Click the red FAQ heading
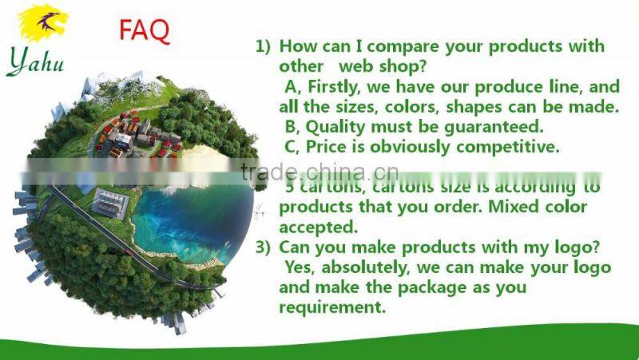click(145, 30)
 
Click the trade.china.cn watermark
click(319, 172)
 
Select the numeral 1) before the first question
click(264, 47)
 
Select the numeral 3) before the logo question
click(264, 247)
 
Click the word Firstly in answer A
click(336, 87)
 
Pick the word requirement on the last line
click(331, 307)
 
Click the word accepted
click(318, 227)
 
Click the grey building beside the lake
click(109, 201)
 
